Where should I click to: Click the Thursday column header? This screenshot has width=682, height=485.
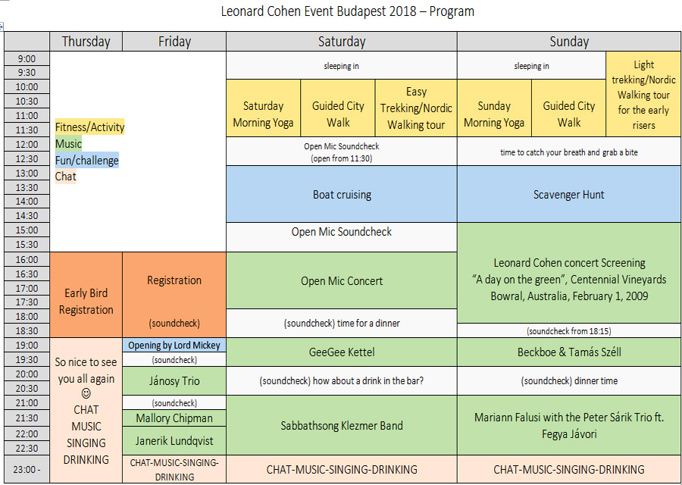click(x=86, y=42)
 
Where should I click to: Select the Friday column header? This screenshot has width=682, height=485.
click(x=174, y=42)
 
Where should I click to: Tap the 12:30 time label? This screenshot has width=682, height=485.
click(x=27, y=159)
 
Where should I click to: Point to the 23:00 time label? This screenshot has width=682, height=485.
click(x=27, y=469)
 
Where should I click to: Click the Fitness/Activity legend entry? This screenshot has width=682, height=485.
click(x=89, y=127)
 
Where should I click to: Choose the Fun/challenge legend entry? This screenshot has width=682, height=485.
click(x=86, y=160)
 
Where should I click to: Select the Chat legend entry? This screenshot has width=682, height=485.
click(x=65, y=176)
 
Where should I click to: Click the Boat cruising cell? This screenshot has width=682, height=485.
click(x=342, y=194)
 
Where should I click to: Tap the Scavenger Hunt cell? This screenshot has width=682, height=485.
click(x=569, y=194)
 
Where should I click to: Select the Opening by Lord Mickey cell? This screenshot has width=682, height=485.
click(x=174, y=346)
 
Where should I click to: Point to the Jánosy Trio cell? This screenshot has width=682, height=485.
click(x=174, y=381)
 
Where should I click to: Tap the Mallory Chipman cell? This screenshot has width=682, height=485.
click(x=174, y=418)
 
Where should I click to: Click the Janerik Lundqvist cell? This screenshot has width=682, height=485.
click(x=174, y=440)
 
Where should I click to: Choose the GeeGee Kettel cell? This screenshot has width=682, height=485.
click(x=342, y=352)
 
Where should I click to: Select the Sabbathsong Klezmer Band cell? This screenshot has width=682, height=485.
click(x=342, y=425)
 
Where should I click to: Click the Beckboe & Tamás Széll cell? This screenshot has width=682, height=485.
click(x=569, y=352)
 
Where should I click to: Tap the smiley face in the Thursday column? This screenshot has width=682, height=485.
click(x=86, y=393)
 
